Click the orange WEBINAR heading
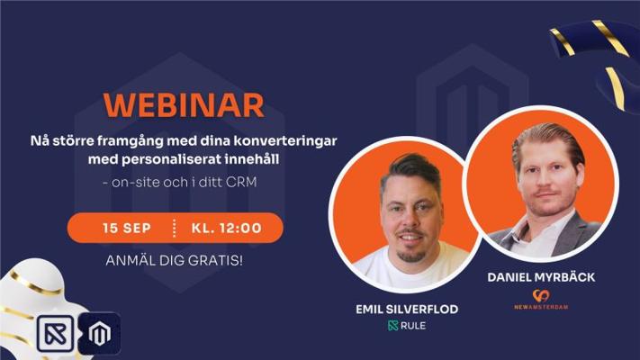click(x=184, y=105)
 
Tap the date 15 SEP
click(x=127, y=228)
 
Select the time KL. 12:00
click(x=227, y=228)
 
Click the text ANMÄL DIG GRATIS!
click(x=175, y=260)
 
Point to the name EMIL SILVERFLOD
click(x=407, y=310)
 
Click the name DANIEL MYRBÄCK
click(x=541, y=277)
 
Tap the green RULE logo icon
click(x=392, y=325)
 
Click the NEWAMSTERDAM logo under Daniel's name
click(x=541, y=300)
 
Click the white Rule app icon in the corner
click(x=56, y=334)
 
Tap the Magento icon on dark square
click(x=99, y=333)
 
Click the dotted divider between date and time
click(x=175, y=228)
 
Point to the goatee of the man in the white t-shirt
click(x=412, y=256)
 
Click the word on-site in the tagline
click(x=135, y=182)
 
